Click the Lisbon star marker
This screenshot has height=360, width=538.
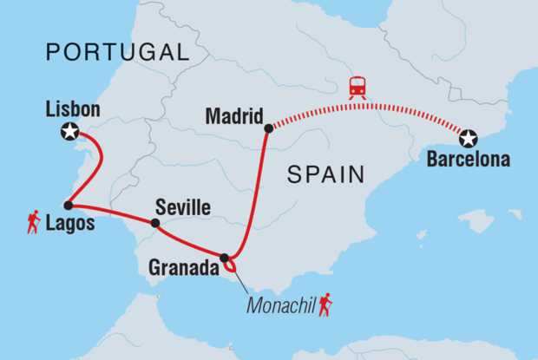click(x=69, y=132)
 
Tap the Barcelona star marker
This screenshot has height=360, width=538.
click(x=469, y=138)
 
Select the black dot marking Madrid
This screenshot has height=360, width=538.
click(x=268, y=128)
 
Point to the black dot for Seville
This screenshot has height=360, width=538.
click(x=154, y=223)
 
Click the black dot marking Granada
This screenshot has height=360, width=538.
click(x=225, y=258)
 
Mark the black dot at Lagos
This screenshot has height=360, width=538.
click(x=68, y=206)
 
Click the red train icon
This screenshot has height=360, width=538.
click(x=357, y=87)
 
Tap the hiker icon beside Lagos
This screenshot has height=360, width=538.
click(x=34, y=223)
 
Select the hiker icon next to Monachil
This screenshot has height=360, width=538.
click(x=325, y=304)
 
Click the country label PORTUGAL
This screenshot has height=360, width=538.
click(x=116, y=52)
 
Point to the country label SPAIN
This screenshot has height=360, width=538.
click(x=325, y=175)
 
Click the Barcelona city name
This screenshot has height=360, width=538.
click(x=469, y=160)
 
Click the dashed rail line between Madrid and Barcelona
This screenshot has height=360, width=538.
click(x=364, y=104)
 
